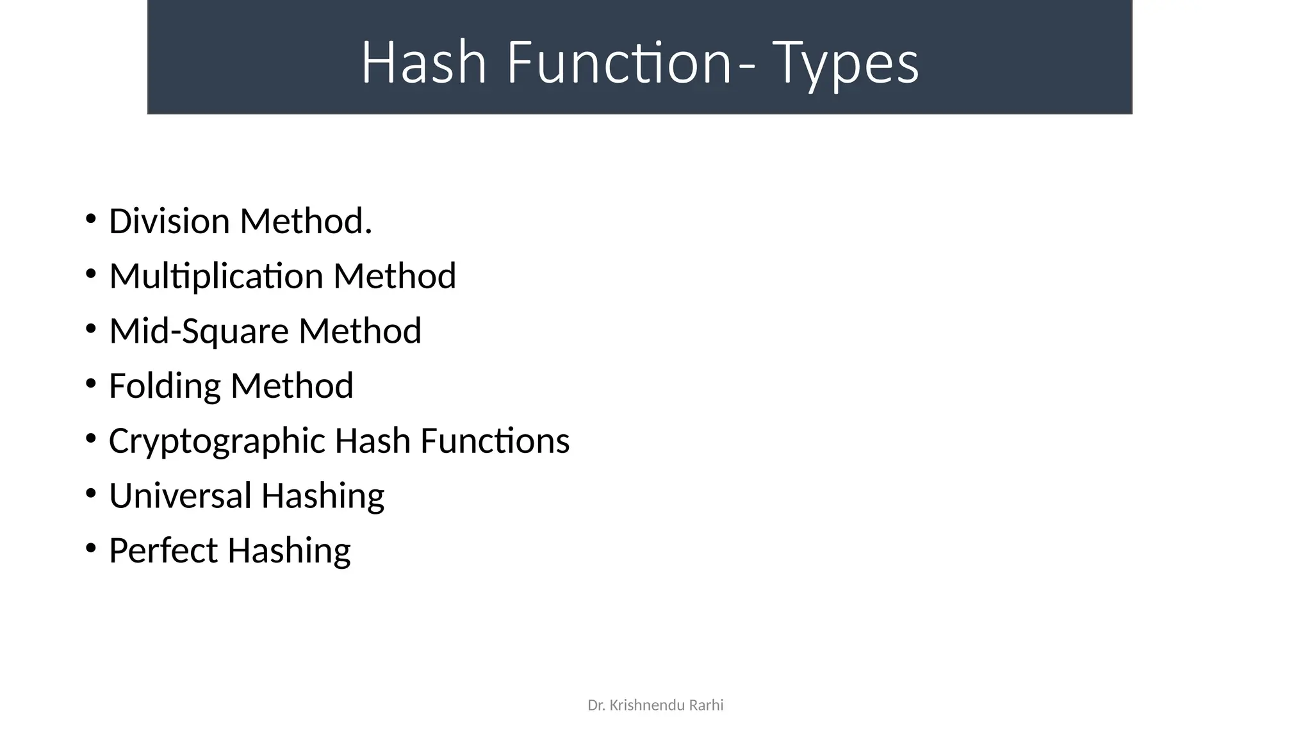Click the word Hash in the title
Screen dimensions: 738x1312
(x=423, y=63)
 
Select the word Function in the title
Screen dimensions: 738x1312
(x=619, y=63)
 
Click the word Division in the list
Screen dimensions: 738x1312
(x=169, y=221)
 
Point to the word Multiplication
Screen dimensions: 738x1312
(x=216, y=276)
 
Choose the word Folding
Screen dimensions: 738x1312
(x=165, y=386)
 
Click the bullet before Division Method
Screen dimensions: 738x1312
(x=90, y=220)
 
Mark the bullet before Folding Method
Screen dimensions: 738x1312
(x=90, y=384)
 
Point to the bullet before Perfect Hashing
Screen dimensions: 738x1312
(x=90, y=549)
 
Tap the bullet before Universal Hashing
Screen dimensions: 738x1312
(x=90, y=494)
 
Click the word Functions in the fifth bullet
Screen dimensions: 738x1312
(x=495, y=441)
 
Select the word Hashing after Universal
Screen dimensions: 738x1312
(x=322, y=496)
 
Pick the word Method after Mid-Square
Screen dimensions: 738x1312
(x=360, y=331)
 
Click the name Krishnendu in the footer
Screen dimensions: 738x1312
(x=646, y=705)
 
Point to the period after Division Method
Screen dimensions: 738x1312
(x=368, y=232)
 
